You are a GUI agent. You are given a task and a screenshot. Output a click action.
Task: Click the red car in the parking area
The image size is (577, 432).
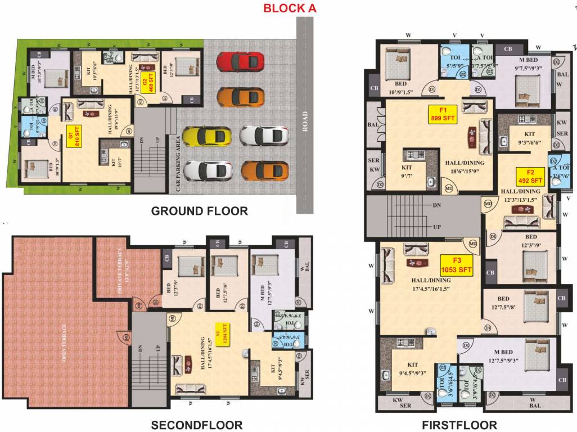[240, 61]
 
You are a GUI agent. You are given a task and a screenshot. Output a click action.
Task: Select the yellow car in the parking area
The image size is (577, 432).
[206, 136]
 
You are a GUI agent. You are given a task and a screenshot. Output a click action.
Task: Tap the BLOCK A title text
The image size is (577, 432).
[290, 8]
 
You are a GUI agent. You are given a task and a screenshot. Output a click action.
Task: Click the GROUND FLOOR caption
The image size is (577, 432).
[200, 211]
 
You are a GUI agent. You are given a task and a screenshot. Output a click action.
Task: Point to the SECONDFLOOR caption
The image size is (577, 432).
[196, 425]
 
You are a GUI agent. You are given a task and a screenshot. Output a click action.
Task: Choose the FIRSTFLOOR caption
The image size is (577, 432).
[459, 425]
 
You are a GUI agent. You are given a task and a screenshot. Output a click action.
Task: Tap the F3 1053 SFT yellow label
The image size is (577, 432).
[457, 265]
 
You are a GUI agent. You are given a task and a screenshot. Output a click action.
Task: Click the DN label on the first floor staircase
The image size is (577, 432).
[437, 206]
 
